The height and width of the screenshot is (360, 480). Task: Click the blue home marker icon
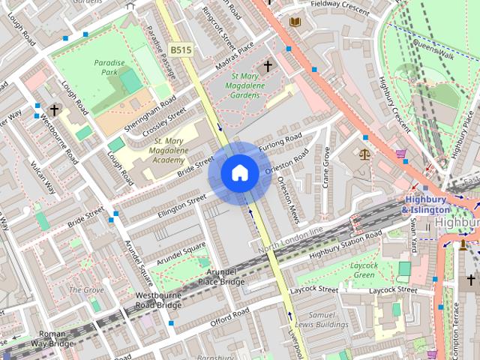click(239, 173)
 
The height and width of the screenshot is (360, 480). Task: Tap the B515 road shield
click(179, 49)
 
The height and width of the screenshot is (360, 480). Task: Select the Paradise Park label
click(109, 68)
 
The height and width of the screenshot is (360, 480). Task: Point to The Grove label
click(86, 289)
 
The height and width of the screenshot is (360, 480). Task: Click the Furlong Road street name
click(280, 142)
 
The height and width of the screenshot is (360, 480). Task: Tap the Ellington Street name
click(181, 202)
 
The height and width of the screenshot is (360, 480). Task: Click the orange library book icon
click(295, 22)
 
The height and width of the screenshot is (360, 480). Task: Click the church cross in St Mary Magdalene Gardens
click(267, 67)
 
